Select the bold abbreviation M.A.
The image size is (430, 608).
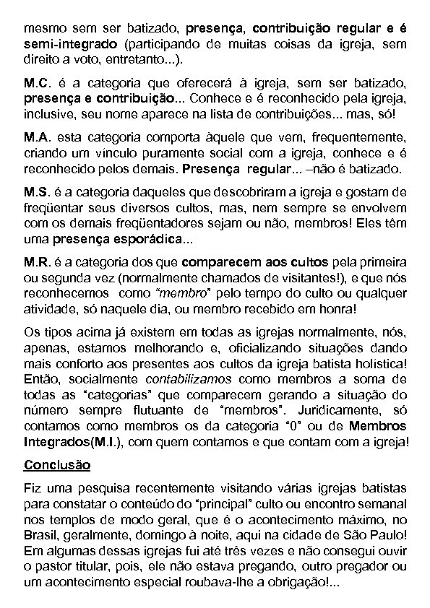[36, 137]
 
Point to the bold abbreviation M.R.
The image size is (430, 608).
[36, 260]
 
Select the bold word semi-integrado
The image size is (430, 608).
[60, 44]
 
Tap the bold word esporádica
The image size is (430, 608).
[152, 239]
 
